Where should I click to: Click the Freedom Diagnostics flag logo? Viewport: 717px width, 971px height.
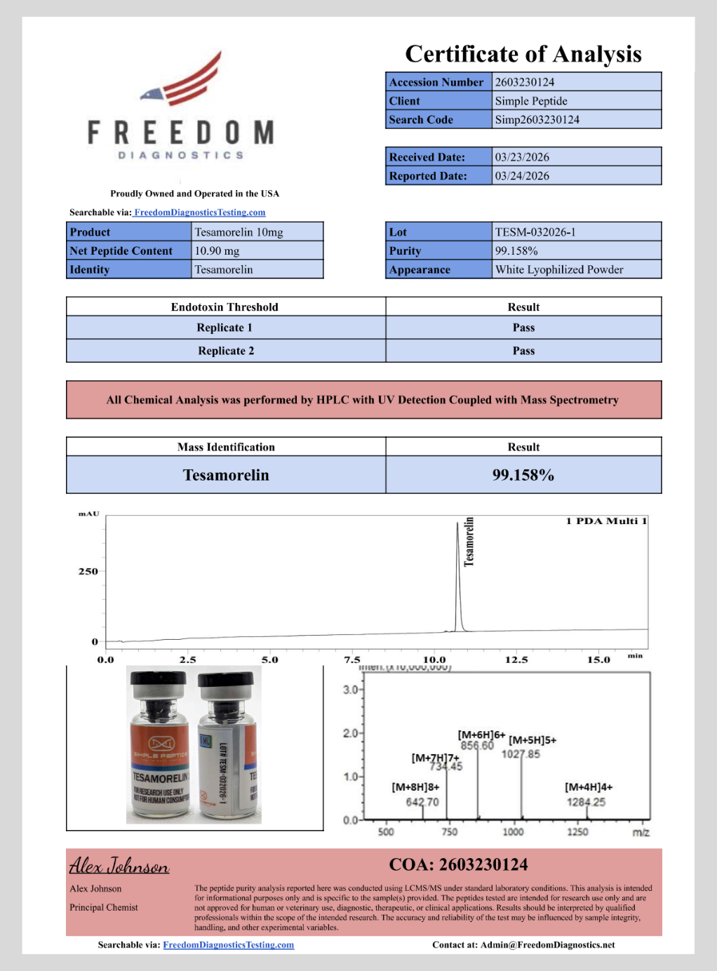(184, 79)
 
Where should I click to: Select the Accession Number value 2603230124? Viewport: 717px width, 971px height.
(525, 82)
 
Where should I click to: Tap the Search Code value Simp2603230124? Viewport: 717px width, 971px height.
(537, 120)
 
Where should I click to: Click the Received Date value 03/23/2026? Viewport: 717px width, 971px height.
(522, 157)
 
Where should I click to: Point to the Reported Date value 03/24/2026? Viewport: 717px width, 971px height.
(522, 176)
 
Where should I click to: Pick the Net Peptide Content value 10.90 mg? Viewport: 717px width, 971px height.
(217, 251)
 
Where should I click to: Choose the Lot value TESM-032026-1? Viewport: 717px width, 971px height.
(535, 232)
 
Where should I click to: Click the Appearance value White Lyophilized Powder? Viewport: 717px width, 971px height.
(559, 269)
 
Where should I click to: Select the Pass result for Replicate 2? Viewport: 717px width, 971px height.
(523, 351)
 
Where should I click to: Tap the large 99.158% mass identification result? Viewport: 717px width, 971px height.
(523, 475)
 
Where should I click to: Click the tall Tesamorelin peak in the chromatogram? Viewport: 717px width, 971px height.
(458, 575)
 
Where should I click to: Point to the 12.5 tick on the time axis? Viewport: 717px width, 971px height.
(516, 659)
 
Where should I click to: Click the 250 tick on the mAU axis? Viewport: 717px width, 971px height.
(88, 571)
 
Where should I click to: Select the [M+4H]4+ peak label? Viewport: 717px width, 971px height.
(589, 787)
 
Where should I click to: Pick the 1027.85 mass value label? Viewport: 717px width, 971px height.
(521, 754)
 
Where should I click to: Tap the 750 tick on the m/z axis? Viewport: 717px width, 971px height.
(450, 832)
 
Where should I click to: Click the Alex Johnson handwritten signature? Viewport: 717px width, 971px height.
(119, 866)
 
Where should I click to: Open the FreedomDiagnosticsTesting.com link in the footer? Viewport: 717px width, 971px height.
(229, 945)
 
